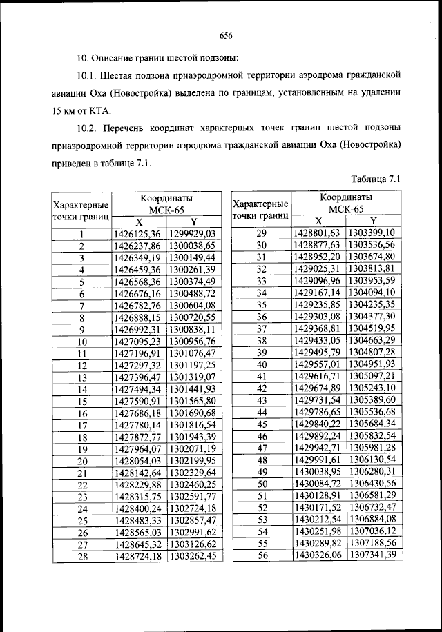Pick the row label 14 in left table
tap(81, 390)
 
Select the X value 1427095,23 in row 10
tap(137, 341)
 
